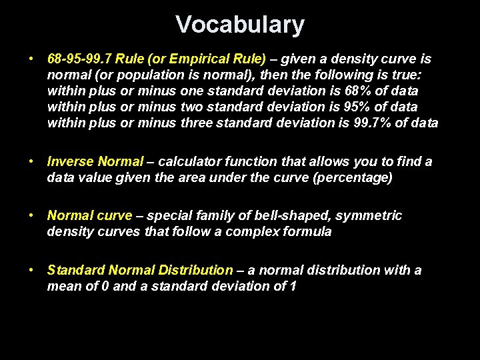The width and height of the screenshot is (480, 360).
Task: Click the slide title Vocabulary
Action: click(240, 25)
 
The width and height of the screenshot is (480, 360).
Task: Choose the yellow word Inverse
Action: click(71, 161)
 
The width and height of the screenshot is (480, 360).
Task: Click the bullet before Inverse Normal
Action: click(32, 161)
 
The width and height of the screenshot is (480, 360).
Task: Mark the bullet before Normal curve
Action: click(32, 215)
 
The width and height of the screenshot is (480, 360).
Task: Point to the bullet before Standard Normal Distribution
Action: click(32, 270)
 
